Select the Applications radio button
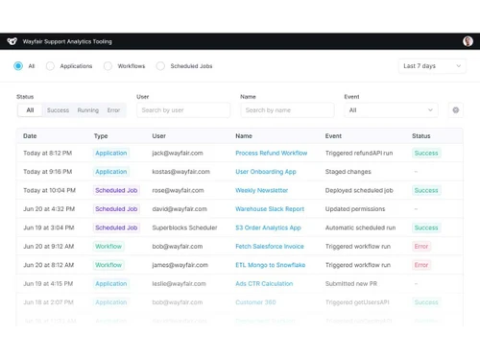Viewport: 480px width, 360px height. pyautogui.click(x=51, y=66)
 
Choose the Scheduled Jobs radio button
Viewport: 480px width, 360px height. pyautogui.click(x=161, y=66)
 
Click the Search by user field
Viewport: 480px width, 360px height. pyautogui.click(x=183, y=110)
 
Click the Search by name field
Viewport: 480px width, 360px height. pyautogui.click(x=287, y=110)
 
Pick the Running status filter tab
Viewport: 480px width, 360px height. pyautogui.click(x=87, y=110)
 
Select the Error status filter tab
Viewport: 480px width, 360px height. pyautogui.click(x=113, y=110)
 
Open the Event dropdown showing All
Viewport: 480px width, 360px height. pyautogui.click(x=391, y=110)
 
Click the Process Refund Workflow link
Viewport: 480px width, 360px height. pyautogui.click(x=271, y=154)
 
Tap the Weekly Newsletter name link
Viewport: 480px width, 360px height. pyautogui.click(x=261, y=191)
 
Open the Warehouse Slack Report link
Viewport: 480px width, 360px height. pyautogui.click(x=270, y=209)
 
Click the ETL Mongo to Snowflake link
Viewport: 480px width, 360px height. pyautogui.click(x=271, y=265)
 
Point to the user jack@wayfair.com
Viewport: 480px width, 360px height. pyautogui.click(x=178, y=154)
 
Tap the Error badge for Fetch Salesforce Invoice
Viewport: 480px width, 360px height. pyautogui.click(x=421, y=247)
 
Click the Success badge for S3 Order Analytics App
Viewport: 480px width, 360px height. pyautogui.click(x=426, y=228)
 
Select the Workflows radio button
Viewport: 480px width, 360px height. pyautogui.click(x=108, y=66)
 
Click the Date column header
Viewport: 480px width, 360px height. pyautogui.click(x=30, y=136)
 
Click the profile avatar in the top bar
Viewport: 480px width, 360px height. pyautogui.click(x=468, y=41)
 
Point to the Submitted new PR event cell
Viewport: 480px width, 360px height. pyautogui.click(x=354, y=284)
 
